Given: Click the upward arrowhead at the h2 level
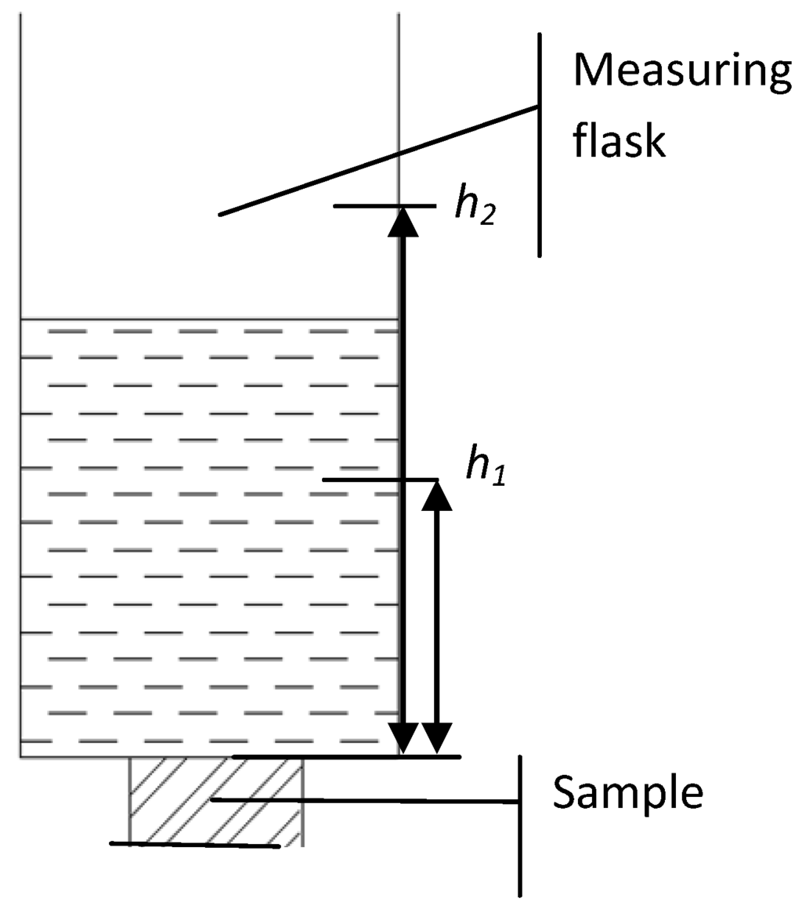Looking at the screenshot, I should [403, 222].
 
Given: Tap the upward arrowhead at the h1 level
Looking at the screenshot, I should [437, 495].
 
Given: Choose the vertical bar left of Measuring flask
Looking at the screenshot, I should [539, 145].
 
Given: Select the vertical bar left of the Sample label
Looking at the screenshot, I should [518, 825].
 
